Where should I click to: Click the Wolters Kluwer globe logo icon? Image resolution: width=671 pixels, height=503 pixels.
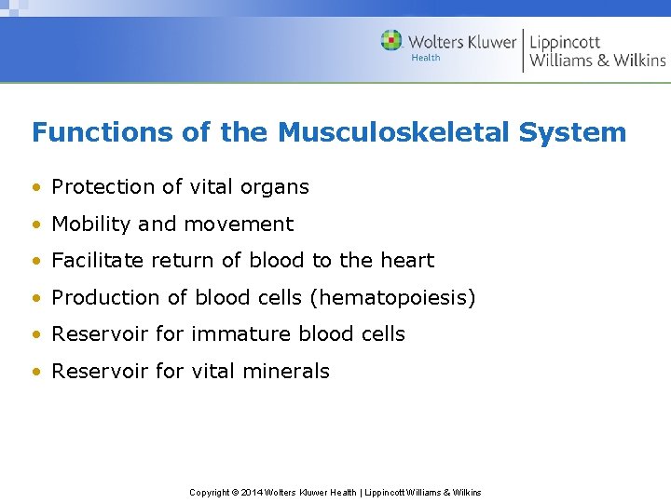[x=391, y=41]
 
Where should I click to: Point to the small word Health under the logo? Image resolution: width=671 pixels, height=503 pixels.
[x=426, y=58]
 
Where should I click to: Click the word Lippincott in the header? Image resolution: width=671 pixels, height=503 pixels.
[x=565, y=42]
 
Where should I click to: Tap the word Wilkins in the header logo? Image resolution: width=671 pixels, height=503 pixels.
[x=639, y=61]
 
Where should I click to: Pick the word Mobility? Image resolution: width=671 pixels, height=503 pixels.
[x=91, y=224]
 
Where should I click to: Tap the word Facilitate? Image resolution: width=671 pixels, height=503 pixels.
[x=97, y=261]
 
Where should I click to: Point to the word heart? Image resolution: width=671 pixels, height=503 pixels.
[x=409, y=261]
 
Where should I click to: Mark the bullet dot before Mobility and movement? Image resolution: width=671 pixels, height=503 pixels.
[x=36, y=224]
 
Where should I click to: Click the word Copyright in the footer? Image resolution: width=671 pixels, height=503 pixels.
[x=209, y=492]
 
